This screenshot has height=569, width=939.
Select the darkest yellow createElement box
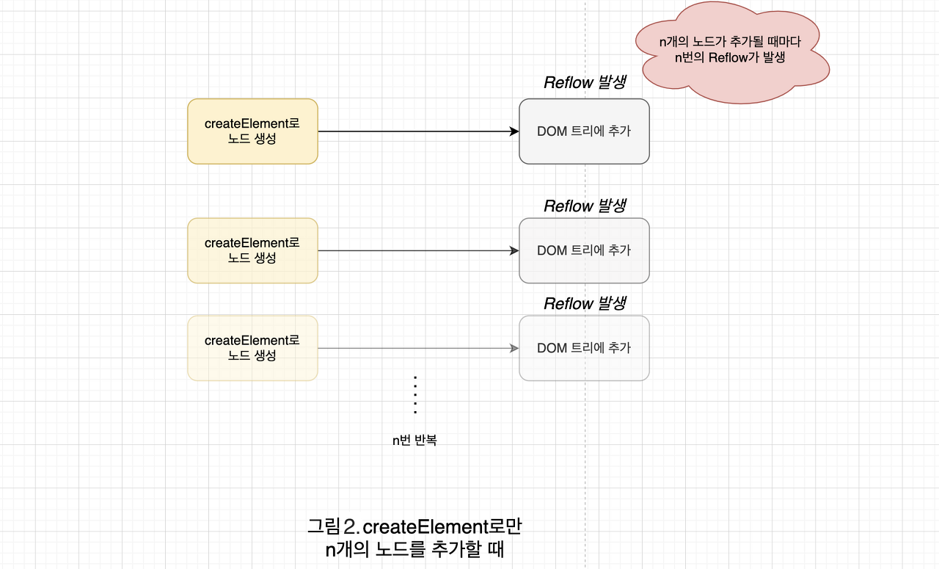click(252, 131)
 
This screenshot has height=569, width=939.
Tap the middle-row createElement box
click(252, 250)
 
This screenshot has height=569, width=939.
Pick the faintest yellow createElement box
click(252, 348)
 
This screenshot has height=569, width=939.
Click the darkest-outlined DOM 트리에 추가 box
click(584, 131)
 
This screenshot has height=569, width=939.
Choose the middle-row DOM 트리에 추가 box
click(584, 250)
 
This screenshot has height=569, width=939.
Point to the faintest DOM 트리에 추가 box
click(584, 348)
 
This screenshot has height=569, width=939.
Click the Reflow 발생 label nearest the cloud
click(584, 83)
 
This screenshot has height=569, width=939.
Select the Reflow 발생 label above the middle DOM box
click(584, 206)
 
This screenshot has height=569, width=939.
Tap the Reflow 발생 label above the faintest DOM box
click(584, 304)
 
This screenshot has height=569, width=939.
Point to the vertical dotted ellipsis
click(415, 395)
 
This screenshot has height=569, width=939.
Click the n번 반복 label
click(414, 441)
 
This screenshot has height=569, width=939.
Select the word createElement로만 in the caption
click(442, 527)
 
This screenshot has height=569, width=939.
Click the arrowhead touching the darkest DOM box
click(514, 131)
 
